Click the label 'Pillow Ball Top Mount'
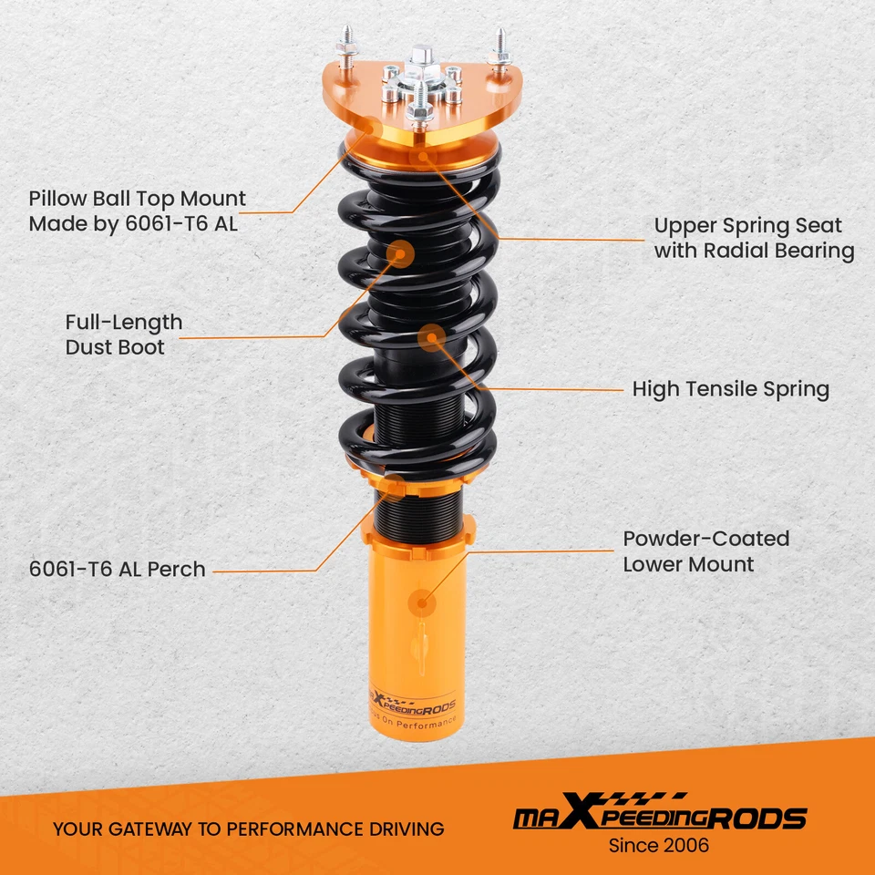137,199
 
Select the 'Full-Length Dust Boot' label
123,335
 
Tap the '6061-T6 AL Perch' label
118,570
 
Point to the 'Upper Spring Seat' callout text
747,226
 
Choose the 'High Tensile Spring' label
730,390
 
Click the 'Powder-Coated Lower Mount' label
705,551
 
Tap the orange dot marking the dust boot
401,253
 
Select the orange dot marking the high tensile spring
431,338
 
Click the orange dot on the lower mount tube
422,602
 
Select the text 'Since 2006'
658,846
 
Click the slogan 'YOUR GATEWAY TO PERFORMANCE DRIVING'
248,829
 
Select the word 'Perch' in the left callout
180,570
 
